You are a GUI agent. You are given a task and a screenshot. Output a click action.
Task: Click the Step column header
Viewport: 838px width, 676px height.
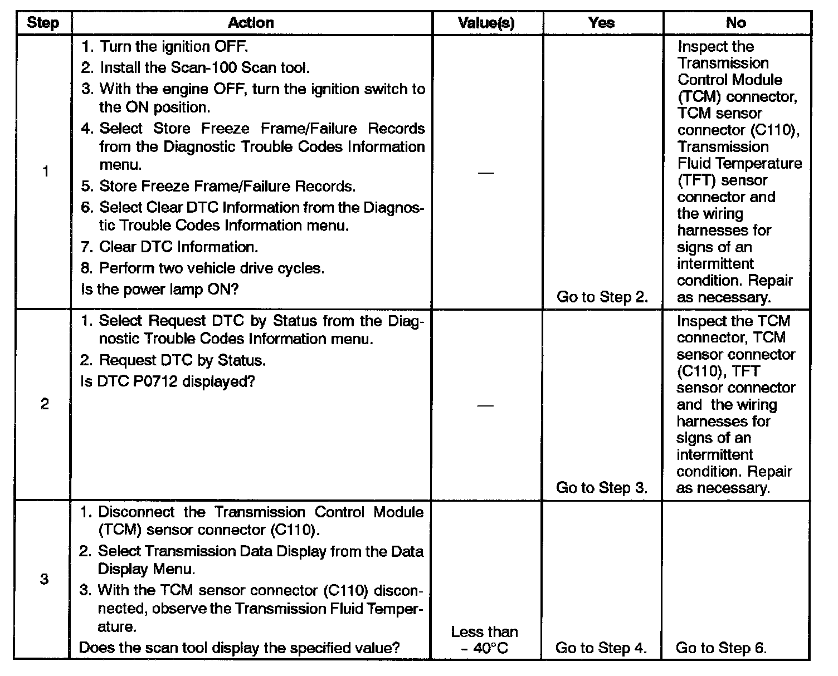pos(42,23)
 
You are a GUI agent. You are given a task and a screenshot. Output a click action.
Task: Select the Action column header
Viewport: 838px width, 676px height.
pos(251,23)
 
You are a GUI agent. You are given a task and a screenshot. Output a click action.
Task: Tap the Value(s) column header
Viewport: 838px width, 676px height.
pos(486,23)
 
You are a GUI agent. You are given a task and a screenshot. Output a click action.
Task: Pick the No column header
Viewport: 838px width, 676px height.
pos(735,23)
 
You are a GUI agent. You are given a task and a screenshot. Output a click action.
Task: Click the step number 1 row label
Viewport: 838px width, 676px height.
pos(45,172)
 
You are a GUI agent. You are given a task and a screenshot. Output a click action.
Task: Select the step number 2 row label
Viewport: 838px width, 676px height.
pos(45,404)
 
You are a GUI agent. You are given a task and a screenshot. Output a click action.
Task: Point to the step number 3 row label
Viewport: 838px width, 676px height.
pos(45,579)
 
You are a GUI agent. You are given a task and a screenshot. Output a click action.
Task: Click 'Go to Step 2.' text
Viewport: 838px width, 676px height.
pos(602,297)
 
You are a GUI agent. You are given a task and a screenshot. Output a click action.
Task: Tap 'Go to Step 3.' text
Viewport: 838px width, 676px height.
pos(602,488)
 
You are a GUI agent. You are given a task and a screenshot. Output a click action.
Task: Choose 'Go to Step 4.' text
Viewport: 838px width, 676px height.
pos(601,648)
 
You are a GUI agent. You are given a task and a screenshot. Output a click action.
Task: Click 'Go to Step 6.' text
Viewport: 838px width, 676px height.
pos(721,648)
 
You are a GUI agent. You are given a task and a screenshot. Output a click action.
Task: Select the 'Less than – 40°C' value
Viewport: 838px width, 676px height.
pos(485,640)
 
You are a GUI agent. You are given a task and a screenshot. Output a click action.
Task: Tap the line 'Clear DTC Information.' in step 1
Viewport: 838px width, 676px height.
pos(178,247)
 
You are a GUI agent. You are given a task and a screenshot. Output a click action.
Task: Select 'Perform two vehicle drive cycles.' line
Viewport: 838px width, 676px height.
pos(211,268)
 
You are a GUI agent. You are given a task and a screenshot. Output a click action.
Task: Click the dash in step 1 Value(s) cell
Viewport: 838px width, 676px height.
pos(486,172)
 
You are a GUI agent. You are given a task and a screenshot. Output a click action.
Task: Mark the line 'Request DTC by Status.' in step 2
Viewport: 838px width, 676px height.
pos(182,360)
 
